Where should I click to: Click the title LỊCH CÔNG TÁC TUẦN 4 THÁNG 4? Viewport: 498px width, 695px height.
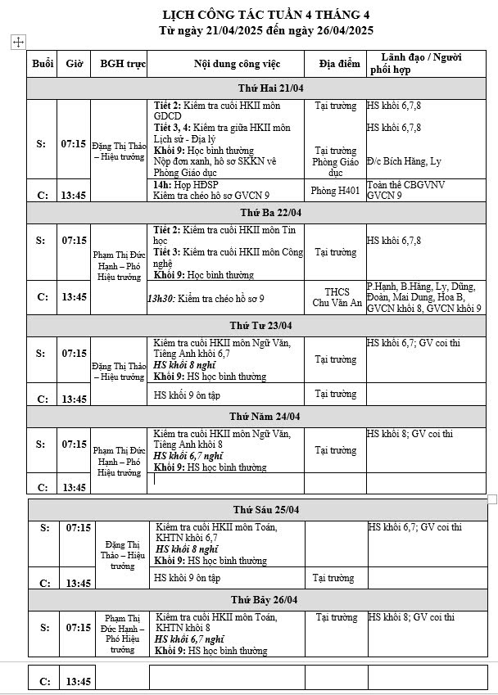tap(266, 15)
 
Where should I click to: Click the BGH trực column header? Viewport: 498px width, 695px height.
tap(123, 63)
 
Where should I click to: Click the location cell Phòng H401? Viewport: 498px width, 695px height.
tap(334, 190)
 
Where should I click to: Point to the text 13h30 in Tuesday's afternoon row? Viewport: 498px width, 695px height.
tap(160, 300)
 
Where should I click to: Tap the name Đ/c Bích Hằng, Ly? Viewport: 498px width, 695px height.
tap(404, 161)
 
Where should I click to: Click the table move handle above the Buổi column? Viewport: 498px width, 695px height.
tap(19, 43)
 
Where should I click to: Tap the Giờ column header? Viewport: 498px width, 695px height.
tap(74, 63)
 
